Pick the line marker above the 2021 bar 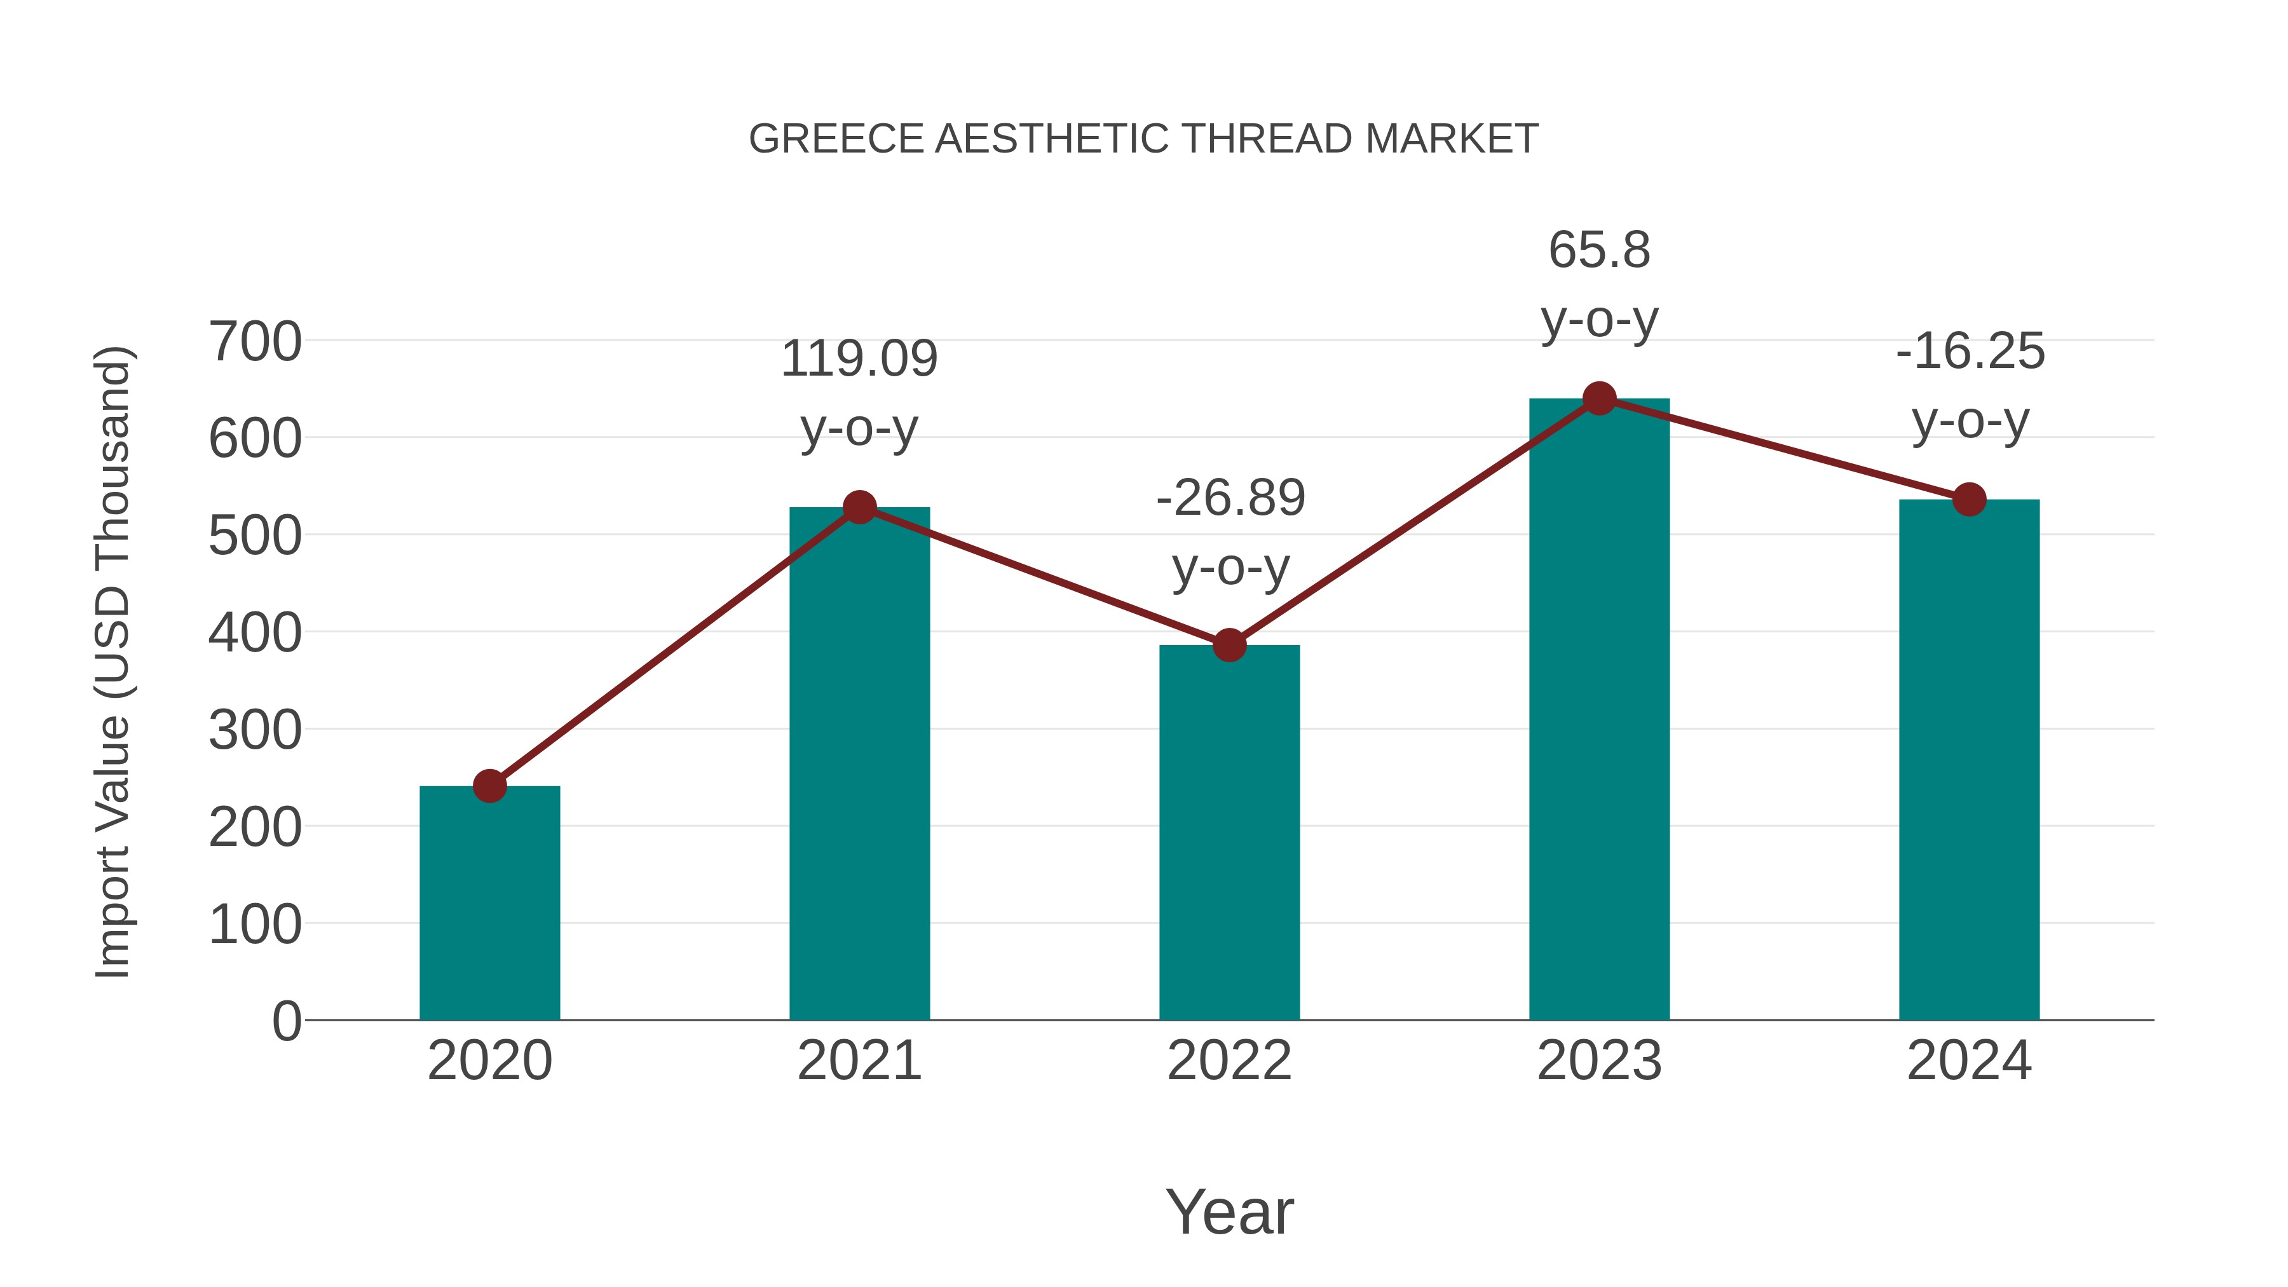pos(859,507)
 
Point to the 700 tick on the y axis pos(255,342)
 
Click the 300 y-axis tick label pos(255,731)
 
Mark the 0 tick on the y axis pos(287,1021)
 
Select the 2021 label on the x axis pos(859,1061)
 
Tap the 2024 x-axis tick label pos(1969,1061)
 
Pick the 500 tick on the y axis pos(255,536)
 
